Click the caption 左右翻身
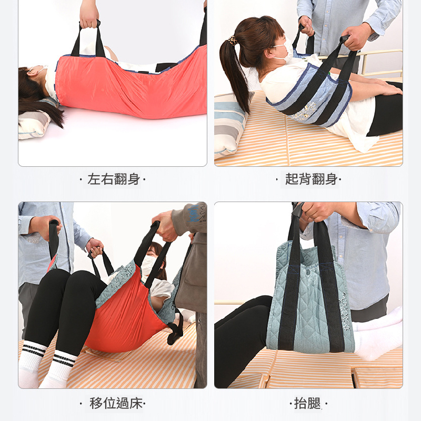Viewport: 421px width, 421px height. tap(114, 179)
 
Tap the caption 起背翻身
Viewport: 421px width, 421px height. tap(311, 179)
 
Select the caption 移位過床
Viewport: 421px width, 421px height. tap(116, 403)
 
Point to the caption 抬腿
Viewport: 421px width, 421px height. tap(308, 403)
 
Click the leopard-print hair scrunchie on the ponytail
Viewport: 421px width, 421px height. tap(233, 41)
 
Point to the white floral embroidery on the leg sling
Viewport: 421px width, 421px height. tap(345, 311)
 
